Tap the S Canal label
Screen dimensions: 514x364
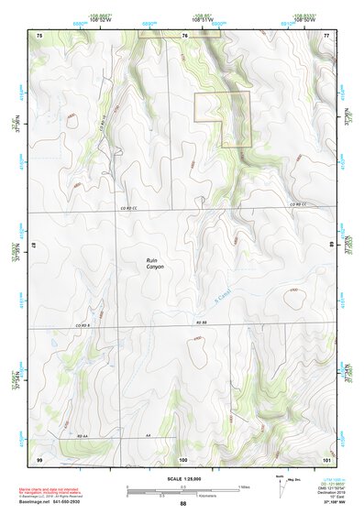(220, 295)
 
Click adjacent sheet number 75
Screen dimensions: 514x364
(39, 35)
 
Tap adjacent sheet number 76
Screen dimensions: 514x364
(184, 35)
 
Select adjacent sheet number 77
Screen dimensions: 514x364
(326, 35)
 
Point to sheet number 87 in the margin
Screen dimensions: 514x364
(34, 245)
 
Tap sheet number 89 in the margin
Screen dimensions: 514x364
(331, 245)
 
